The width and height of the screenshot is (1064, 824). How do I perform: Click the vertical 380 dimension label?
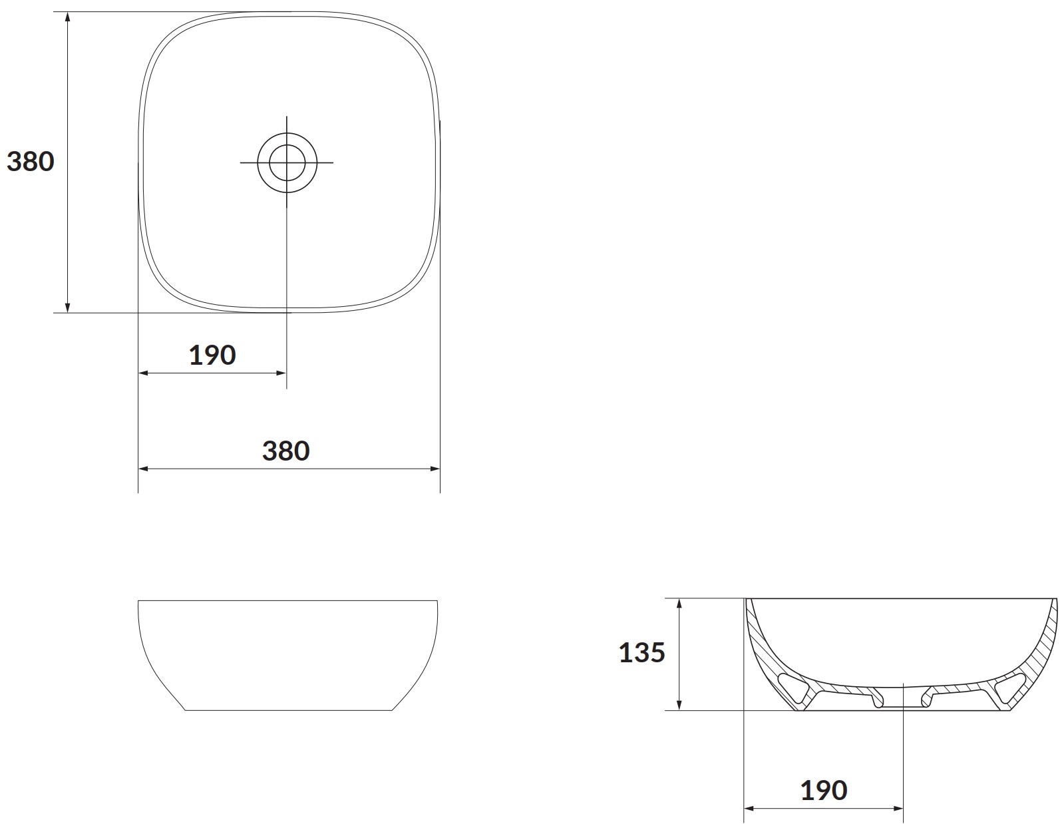point(30,162)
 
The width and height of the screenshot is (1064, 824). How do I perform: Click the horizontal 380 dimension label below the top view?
point(286,451)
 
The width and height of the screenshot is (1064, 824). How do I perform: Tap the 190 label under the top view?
point(212,355)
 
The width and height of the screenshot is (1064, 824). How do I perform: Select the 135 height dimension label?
point(642,653)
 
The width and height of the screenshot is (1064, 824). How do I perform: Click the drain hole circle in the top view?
point(287,162)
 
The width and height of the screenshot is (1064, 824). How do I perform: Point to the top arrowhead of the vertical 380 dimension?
point(68,17)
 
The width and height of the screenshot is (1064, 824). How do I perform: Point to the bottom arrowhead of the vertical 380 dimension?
point(68,308)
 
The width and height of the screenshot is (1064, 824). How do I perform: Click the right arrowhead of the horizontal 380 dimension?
point(435,469)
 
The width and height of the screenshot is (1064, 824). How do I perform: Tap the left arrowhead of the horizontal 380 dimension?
point(143,469)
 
